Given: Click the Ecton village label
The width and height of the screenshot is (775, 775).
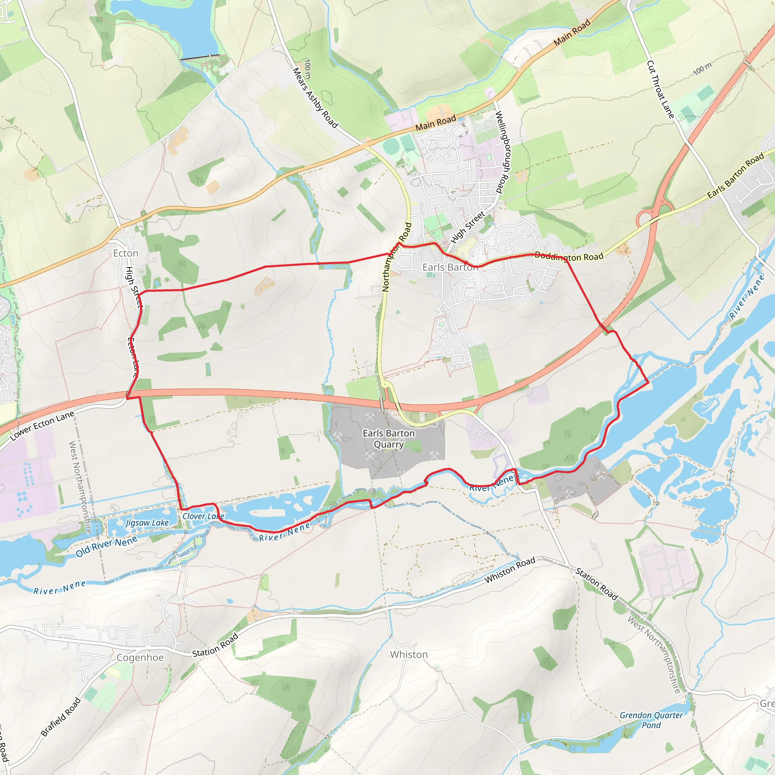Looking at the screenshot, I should (x=126, y=253).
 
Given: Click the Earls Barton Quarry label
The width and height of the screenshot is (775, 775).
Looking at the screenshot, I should (x=388, y=439).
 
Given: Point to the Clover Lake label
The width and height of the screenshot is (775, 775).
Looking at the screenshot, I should (x=203, y=516).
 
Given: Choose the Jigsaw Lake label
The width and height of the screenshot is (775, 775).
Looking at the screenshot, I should (x=147, y=523).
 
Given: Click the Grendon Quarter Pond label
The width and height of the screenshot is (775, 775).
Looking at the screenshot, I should (x=651, y=720).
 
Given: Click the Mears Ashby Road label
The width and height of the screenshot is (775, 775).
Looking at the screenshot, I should (x=315, y=98).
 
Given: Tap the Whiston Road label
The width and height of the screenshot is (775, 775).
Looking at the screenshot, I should (x=510, y=570).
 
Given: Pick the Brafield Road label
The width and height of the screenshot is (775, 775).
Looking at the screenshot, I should (x=61, y=717).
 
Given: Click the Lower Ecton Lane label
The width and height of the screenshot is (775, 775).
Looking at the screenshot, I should (x=42, y=426).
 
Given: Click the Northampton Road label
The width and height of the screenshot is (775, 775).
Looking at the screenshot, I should (x=397, y=257).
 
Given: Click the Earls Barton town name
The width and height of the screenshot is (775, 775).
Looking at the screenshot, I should (x=450, y=267).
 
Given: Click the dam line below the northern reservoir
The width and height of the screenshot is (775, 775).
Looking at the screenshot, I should (x=200, y=57).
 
